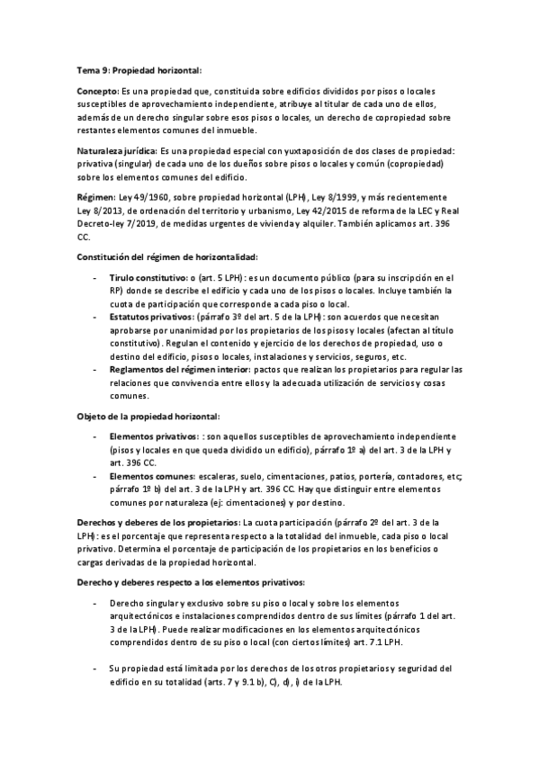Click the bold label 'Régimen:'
coord(95,193)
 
